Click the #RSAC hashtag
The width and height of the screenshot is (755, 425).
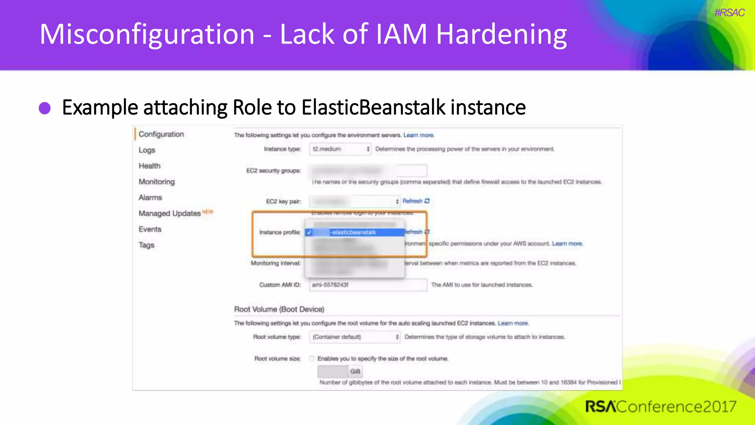point(729,13)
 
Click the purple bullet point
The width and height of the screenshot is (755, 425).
point(45,108)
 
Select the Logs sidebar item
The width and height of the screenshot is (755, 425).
point(147,150)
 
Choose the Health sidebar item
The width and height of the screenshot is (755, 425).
point(149,166)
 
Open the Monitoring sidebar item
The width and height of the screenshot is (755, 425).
point(157,182)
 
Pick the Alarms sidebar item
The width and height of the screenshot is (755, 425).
point(150,198)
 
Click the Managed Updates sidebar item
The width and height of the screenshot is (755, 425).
point(170,214)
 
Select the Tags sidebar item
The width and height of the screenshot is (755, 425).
point(146,245)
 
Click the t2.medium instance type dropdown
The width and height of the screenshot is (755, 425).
point(340,149)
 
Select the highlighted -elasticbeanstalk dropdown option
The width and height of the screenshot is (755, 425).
point(354,232)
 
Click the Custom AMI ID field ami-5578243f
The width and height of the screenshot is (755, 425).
point(367,285)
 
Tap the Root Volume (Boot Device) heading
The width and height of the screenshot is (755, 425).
point(279,309)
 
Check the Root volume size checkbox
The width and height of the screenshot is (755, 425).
point(312,359)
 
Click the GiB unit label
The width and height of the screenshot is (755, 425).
point(355,372)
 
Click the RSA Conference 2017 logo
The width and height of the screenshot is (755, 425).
point(660,407)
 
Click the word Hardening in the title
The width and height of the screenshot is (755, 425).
point(501,34)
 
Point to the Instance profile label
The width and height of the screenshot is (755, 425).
point(279,232)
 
